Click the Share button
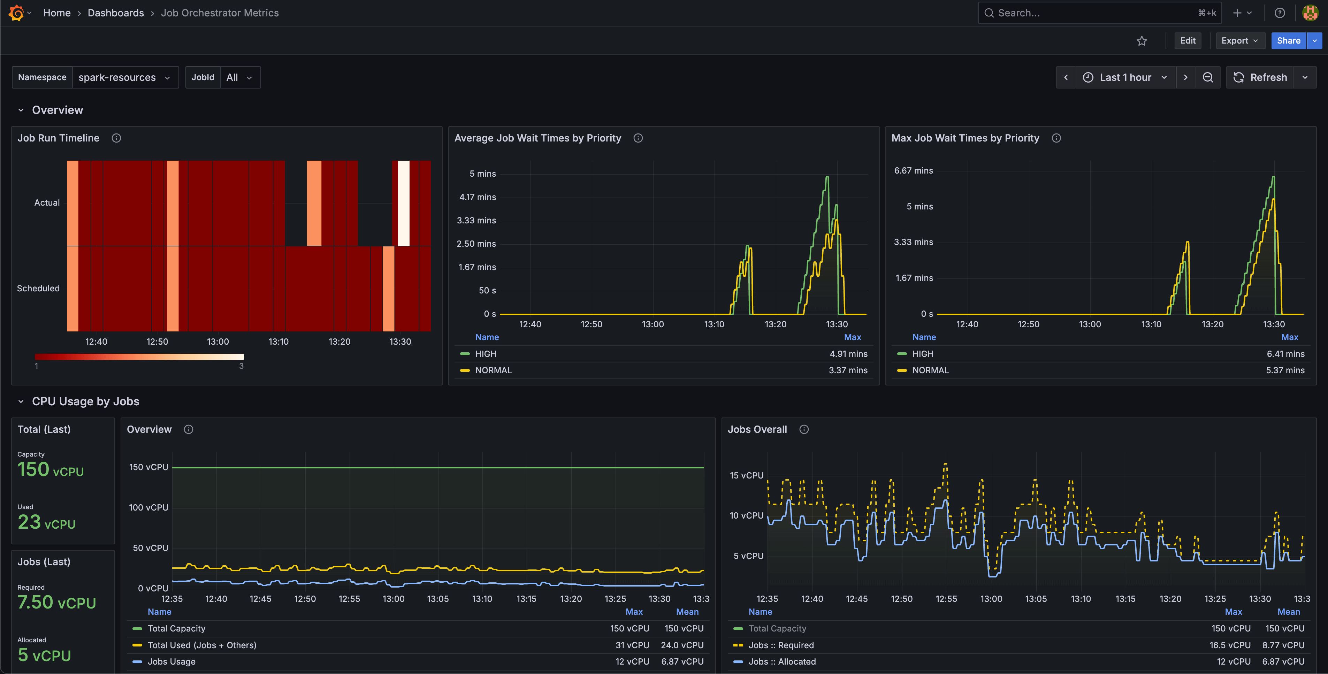(1288, 41)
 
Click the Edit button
(1187, 41)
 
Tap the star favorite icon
(1142, 41)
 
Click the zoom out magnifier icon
(1208, 77)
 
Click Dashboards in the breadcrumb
(115, 13)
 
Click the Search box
(1093, 13)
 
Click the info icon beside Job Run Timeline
(116, 138)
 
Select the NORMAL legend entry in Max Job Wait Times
(930, 370)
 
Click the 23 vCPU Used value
(46, 522)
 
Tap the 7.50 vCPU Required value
(57, 602)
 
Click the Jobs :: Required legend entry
(780, 645)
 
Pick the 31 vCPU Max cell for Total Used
(632, 645)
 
